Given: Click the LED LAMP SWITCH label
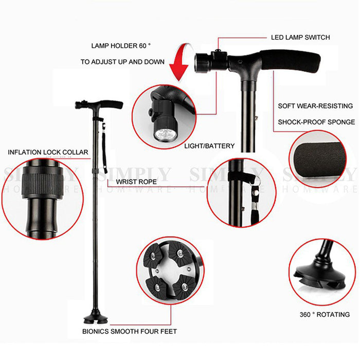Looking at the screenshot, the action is coord(300,38).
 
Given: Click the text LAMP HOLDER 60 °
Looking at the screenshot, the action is coord(121,46).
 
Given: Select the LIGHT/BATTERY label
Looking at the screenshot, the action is coord(209,146).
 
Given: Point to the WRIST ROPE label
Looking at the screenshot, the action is coord(136,182).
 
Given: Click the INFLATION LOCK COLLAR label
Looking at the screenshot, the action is coord(48,152).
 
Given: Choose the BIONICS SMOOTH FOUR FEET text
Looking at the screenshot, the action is coord(130,332).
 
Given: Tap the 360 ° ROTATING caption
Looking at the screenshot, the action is coord(325,315).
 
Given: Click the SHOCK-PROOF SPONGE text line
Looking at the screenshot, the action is coord(316,122).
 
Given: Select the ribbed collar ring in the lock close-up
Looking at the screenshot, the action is coord(43,183).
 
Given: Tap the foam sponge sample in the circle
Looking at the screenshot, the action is coord(319,160).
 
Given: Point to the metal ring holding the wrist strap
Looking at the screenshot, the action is coord(257,180).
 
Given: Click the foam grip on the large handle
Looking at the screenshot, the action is coord(290,61).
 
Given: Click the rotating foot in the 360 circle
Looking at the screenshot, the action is coord(319,277).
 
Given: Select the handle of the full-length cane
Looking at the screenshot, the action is coord(99,105).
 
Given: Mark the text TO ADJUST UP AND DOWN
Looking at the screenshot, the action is coord(122,62).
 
